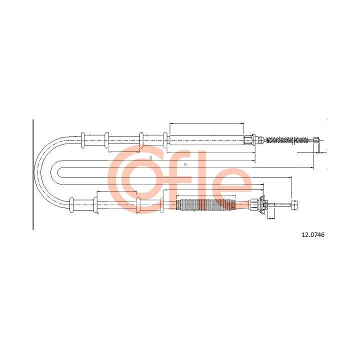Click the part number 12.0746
pos(312,235)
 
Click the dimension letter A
pos(185,164)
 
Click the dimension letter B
pos(150,157)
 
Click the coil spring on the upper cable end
pos(287,140)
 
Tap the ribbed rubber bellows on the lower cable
pos(205,205)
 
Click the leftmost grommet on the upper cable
pos(83,140)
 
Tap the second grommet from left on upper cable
pos(106,140)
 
